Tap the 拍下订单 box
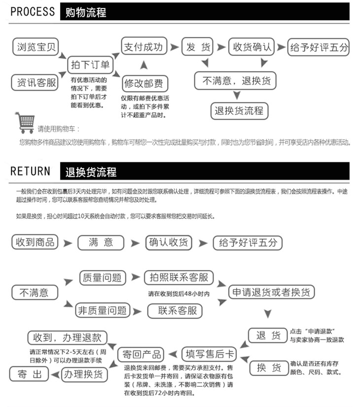90,65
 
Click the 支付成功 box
143,47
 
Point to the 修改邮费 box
145,83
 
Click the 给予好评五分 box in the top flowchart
319,47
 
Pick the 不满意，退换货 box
236,81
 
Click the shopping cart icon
25,122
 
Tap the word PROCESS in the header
33,11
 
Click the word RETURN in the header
31,171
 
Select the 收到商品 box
36,242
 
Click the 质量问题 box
103,278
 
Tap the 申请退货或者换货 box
271,292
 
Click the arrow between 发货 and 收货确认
221,47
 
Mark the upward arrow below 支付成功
144,66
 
